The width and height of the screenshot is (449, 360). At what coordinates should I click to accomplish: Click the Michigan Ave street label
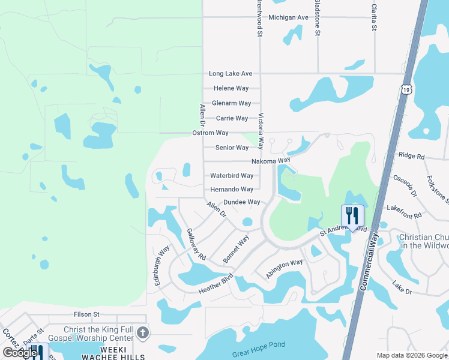[288, 17]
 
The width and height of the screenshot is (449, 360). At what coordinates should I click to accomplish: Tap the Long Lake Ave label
[231, 74]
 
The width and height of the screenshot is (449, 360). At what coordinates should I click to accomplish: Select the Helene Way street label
[231, 88]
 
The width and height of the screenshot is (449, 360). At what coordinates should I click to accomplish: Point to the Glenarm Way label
[231, 103]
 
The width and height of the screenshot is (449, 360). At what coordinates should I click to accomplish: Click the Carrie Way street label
[232, 118]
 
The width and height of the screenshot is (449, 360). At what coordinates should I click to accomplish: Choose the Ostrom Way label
[210, 133]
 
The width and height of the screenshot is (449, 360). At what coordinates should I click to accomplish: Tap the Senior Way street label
[232, 148]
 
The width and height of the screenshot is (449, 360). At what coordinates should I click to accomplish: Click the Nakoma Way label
[271, 161]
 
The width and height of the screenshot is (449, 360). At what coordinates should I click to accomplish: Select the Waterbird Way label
[232, 176]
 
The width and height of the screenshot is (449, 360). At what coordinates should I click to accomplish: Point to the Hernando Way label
[232, 189]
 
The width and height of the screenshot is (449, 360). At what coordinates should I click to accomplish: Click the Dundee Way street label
[242, 203]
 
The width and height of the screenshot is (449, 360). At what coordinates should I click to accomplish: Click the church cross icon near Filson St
[142, 332]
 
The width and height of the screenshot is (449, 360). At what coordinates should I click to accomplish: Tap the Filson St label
[86, 314]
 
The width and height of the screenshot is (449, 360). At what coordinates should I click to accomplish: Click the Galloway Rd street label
[196, 244]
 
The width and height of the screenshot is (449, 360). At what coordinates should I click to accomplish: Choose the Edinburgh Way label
[162, 265]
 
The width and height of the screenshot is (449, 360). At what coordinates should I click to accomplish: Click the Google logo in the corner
[20, 353]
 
